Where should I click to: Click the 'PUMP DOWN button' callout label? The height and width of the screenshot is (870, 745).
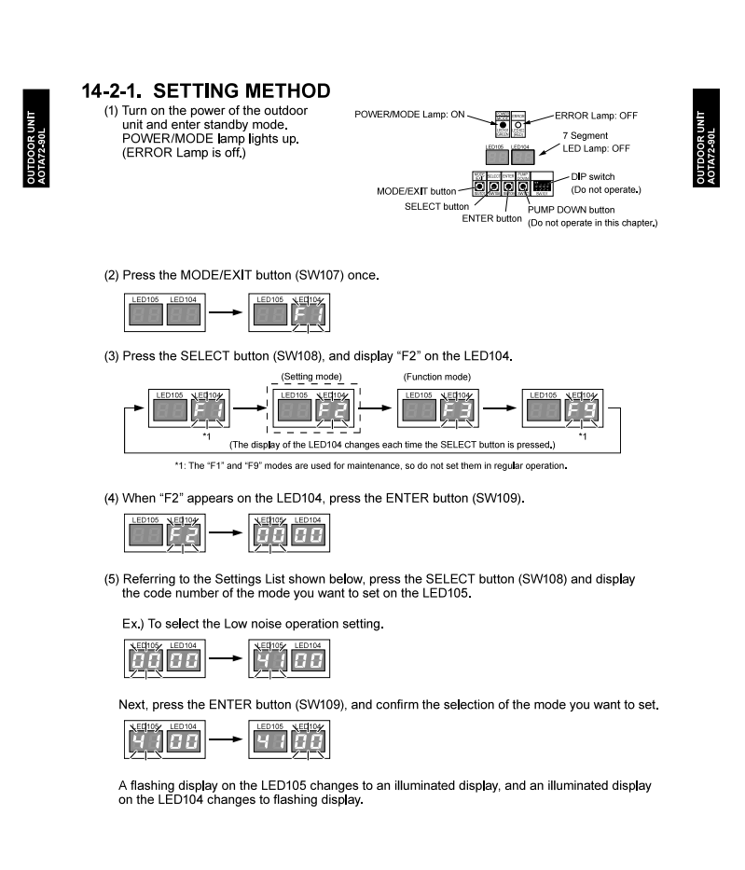[574, 210]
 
